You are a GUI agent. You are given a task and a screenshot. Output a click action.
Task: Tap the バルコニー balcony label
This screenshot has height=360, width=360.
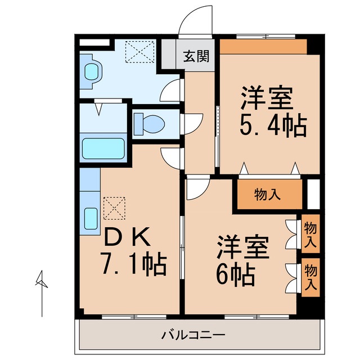click(x=193, y=336)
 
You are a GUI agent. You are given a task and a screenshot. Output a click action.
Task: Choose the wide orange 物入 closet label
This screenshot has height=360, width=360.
click(x=267, y=195)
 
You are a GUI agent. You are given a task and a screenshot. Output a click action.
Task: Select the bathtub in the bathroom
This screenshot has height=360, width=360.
click(x=103, y=148)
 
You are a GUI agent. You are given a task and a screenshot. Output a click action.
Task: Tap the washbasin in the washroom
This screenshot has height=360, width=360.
click(x=91, y=71)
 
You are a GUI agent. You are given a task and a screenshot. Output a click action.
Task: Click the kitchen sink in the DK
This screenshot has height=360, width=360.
click(x=91, y=218)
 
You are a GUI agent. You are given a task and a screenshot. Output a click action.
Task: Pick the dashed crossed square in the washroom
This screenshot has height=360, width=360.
click(x=139, y=52)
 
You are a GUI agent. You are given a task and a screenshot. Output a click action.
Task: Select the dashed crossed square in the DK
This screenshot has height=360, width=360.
click(x=114, y=207)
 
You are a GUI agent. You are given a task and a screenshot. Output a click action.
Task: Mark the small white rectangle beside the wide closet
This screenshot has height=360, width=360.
click(x=313, y=193)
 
